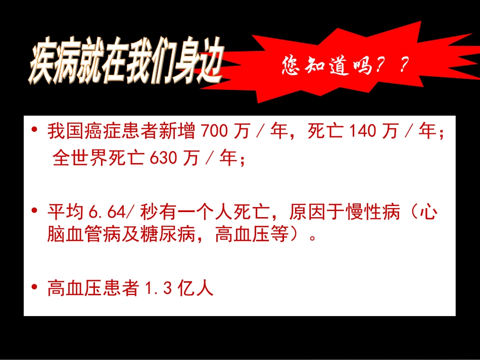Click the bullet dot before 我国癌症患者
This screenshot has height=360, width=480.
point(35,131)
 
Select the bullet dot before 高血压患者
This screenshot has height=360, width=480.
point(35,288)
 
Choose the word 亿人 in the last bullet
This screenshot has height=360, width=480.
point(196,289)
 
